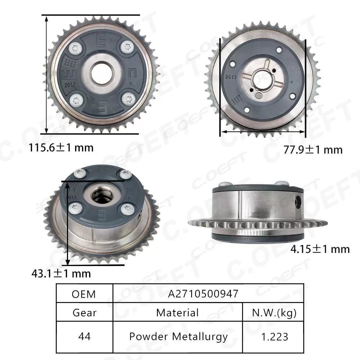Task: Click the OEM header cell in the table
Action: pyautogui.click(x=84, y=294)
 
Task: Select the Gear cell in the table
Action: pyautogui.click(x=84, y=312)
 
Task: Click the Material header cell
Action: pyautogui.click(x=177, y=312)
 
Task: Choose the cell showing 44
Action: pyautogui.click(x=84, y=337)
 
